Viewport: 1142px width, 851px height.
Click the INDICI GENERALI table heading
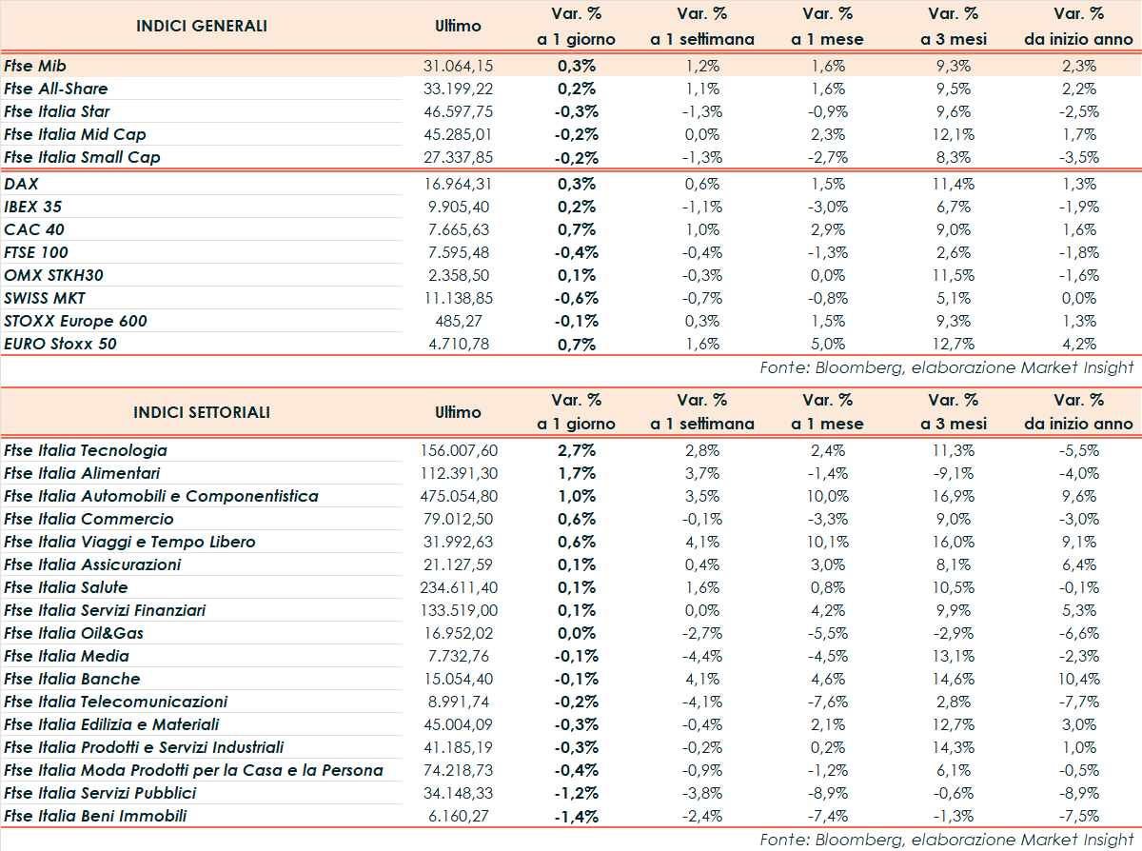click(x=202, y=26)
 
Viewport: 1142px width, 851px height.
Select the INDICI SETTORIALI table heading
click(x=202, y=412)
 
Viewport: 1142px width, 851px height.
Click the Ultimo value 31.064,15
click(x=458, y=66)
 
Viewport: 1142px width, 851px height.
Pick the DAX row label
click(x=21, y=184)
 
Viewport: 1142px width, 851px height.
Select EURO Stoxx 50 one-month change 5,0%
click(x=827, y=344)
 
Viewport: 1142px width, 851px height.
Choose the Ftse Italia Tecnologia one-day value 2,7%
click(x=577, y=450)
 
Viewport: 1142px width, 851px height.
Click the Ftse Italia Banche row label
click(x=72, y=679)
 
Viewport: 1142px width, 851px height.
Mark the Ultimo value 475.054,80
click(x=458, y=496)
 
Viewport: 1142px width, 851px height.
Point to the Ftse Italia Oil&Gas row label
click(x=74, y=633)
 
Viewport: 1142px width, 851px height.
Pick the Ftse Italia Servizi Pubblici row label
click(x=100, y=793)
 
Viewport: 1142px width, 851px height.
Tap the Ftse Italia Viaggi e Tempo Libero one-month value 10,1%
click(x=827, y=542)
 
